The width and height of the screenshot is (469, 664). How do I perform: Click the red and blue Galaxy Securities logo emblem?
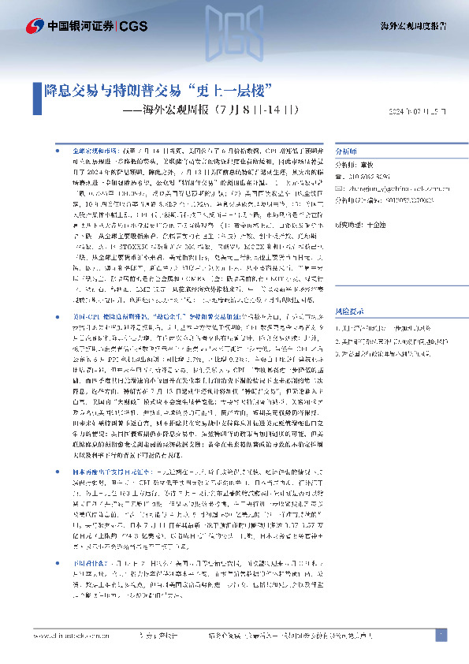(x=33, y=26)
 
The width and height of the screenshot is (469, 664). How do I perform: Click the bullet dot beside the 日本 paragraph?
(x=54, y=470)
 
